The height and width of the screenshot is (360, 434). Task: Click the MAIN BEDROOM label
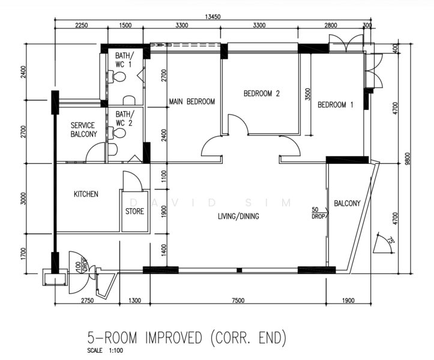tap(192, 102)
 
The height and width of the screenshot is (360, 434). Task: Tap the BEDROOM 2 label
tap(262, 94)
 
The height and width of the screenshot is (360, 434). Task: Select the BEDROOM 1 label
tap(335, 105)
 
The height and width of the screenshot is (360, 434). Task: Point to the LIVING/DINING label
tap(238, 216)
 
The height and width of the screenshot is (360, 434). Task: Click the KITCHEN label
tap(86, 194)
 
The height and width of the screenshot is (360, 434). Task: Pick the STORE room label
tap(135, 211)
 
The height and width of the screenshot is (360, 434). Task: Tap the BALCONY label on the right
tap(347, 203)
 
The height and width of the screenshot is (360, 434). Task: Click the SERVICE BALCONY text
tap(83, 130)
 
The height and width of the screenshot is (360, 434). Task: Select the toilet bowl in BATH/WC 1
tap(118, 77)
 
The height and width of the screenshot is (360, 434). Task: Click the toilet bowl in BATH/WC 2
tap(118, 133)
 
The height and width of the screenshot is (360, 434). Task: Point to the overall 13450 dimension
tap(212, 17)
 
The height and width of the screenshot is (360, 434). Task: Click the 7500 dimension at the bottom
tap(238, 301)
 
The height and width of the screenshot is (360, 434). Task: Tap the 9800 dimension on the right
tap(407, 158)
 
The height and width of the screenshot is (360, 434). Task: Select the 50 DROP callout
tap(318, 213)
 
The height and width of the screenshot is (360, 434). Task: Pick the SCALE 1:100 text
tap(105, 350)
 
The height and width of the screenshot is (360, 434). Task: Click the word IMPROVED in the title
tap(173, 338)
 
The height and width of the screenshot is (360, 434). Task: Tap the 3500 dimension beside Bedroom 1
tap(308, 94)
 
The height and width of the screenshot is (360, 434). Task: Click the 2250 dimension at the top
tap(82, 25)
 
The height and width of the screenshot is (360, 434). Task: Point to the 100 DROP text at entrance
tap(82, 265)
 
